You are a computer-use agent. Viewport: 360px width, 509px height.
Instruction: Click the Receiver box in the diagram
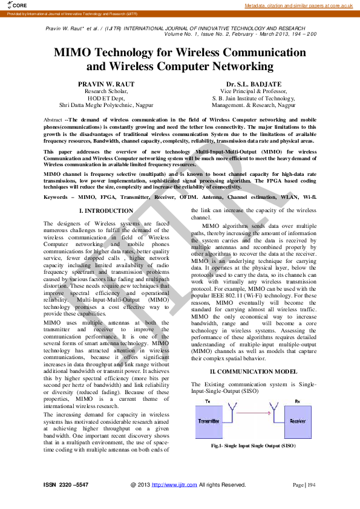pos(297,421)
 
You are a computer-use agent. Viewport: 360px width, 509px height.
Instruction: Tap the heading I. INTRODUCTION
pos(106,211)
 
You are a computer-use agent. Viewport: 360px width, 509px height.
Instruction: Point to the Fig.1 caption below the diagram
pos(253,446)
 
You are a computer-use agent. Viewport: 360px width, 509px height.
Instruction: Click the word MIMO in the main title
pos(74,52)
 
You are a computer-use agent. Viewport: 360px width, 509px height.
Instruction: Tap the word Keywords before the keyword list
pos(56,197)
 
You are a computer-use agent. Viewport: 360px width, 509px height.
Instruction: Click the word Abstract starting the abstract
pos(53,120)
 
